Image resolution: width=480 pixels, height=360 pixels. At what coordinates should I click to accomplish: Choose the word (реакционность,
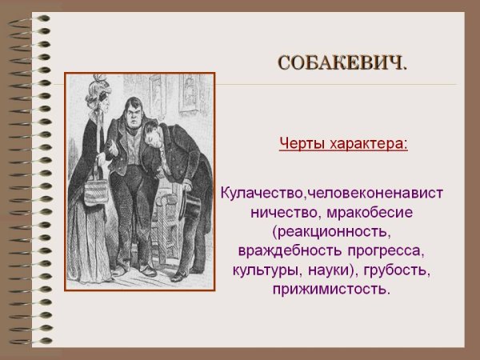click(x=330, y=232)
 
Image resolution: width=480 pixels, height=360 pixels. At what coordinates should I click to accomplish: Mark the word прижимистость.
click(x=330, y=290)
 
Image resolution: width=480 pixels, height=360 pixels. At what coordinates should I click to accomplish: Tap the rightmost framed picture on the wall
click(x=190, y=92)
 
